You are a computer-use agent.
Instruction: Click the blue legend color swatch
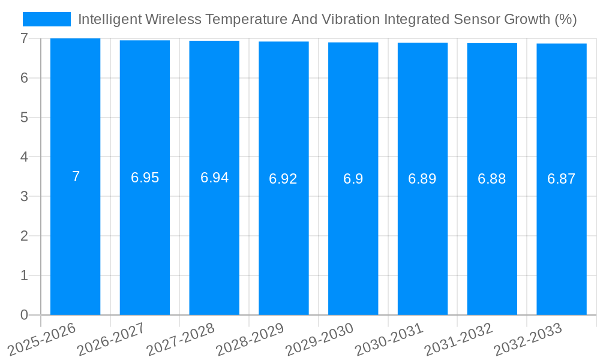pos(46,19)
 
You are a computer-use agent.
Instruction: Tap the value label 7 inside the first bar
pos(76,176)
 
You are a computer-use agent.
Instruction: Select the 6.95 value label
pos(145,178)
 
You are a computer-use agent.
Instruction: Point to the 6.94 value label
pos(214,178)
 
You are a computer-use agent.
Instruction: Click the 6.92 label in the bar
pos(283,179)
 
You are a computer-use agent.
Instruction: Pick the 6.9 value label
pos(353,179)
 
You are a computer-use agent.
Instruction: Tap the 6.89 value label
pos(422,179)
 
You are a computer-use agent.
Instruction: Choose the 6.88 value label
pos(491,179)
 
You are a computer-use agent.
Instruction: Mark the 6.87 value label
pos(561,179)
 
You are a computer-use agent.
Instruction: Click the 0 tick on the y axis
pos(24,315)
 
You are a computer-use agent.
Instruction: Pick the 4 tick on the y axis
pos(24,157)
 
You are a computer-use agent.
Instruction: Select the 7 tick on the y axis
pos(24,38)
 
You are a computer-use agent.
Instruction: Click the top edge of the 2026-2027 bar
pos(145,41)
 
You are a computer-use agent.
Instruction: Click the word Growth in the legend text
pos(520,19)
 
